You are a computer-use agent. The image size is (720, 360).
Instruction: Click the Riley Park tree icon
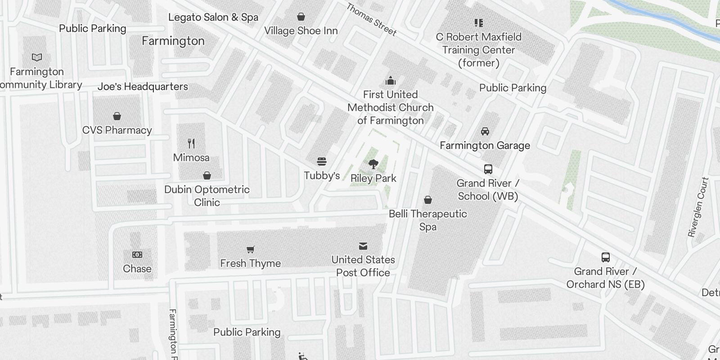click(373, 164)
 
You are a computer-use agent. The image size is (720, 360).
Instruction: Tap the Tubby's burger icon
click(321, 162)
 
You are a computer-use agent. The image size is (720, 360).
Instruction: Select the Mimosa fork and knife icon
click(191, 144)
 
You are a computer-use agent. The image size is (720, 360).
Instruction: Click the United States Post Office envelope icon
click(363, 246)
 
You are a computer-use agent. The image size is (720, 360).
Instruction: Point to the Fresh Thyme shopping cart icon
click(251, 249)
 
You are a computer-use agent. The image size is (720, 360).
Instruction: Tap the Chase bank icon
click(137, 255)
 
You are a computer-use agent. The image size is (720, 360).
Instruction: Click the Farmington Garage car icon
click(485, 131)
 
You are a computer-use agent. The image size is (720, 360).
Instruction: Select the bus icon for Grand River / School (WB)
click(488, 169)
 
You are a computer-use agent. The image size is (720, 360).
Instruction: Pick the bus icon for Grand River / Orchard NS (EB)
click(606, 257)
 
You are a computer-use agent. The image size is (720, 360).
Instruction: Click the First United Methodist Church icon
click(391, 81)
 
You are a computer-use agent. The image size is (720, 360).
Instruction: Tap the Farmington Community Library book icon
click(37, 58)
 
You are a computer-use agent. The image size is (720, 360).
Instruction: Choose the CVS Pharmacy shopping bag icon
click(117, 116)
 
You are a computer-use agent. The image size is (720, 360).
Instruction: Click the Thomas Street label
click(372, 20)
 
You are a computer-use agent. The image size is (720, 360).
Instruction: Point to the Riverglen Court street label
click(698, 207)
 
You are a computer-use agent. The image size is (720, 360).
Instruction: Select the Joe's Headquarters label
click(143, 86)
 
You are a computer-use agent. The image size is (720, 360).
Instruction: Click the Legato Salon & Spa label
click(213, 18)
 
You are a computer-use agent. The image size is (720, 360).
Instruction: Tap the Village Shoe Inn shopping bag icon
click(301, 17)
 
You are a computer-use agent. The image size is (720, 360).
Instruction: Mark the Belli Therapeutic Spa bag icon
click(428, 200)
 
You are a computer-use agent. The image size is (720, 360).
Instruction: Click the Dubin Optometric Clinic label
click(207, 196)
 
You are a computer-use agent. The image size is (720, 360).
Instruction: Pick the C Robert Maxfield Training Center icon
click(478, 22)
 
